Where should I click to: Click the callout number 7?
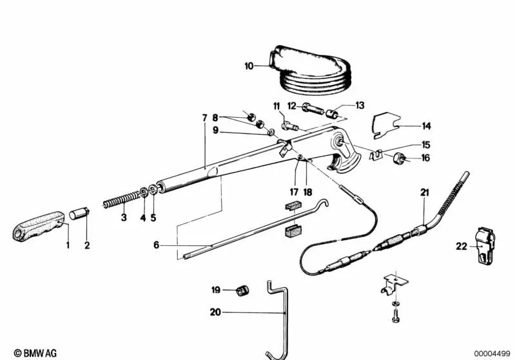point(204,118)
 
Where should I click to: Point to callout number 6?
point(157,245)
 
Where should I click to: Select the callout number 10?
point(249,66)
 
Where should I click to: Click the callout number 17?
point(294,191)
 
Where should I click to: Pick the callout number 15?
point(425,145)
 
